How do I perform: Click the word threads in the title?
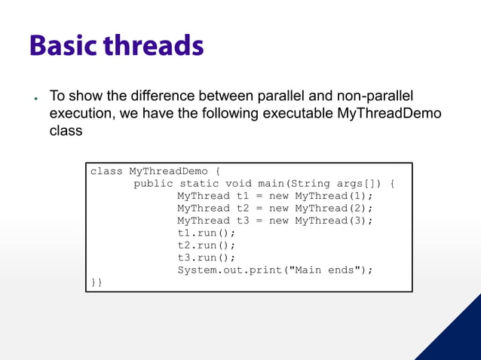(x=154, y=46)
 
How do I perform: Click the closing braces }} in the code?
(x=97, y=282)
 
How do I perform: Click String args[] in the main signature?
(x=345, y=184)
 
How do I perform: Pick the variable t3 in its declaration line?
(x=243, y=221)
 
